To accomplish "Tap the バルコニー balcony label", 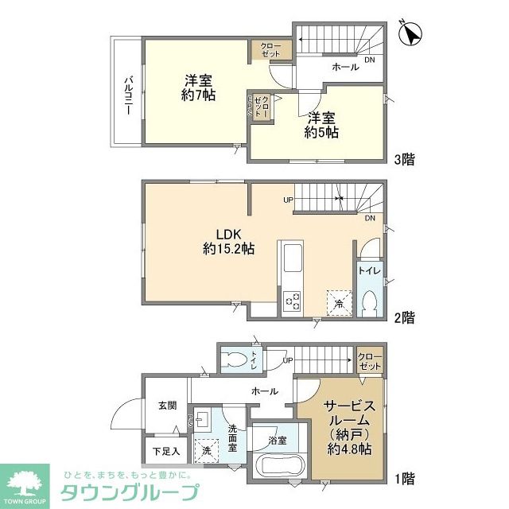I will click(x=127, y=95).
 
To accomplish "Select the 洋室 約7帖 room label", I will click(x=198, y=87).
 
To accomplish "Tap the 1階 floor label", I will click(x=404, y=480).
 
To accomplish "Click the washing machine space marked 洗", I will click(x=208, y=451).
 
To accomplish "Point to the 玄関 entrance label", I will click(x=167, y=405).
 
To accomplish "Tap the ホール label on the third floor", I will click(x=345, y=68).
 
